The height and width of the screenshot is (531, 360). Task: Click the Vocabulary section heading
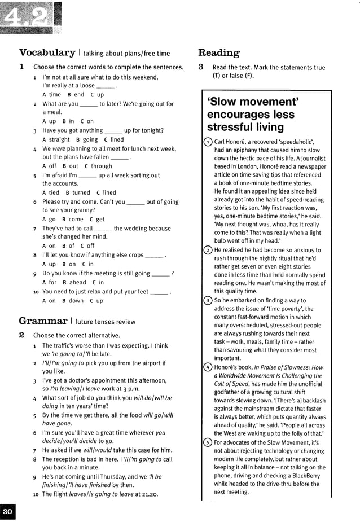47,52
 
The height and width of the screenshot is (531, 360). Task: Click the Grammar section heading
42,321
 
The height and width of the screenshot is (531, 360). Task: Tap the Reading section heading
218,52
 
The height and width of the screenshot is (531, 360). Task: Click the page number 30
7,512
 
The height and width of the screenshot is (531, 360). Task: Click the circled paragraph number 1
208,142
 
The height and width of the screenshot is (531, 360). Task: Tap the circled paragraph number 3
208,301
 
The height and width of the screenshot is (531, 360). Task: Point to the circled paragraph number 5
208,443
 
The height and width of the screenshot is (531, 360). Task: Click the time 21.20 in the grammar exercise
148,494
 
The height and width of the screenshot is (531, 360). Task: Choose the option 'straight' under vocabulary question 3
59,139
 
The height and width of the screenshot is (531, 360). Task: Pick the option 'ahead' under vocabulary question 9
78,282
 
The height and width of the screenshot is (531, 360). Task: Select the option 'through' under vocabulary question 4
102,166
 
